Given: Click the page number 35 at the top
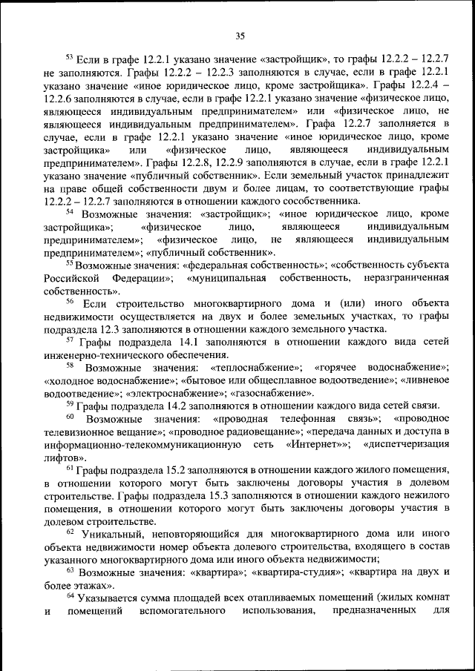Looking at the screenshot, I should (240, 36).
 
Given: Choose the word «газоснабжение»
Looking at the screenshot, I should (272, 393).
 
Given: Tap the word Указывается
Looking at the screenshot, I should (107, 598).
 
